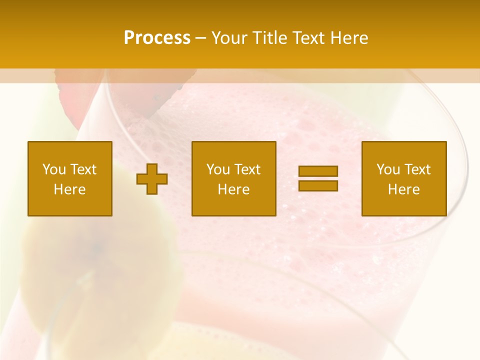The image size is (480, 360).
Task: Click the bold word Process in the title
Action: pyautogui.click(x=157, y=38)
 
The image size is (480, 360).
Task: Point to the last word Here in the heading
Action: pyautogui.click(x=349, y=38)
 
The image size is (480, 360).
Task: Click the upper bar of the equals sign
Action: pyautogui.click(x=318, y=171)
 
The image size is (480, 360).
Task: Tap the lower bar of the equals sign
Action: pyautogui.click(x=318, y=185)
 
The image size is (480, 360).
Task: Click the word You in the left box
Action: pyautogui.click(x=54, y=169)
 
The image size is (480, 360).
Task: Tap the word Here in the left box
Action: pyautogui.click(x=70, y=189)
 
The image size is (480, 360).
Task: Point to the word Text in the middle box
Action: pyautogui.click(x=248, y=169)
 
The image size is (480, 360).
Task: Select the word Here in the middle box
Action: pyautogui.click(x=234, y=189)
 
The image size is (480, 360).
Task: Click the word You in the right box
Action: pyautogui.click(x=388, y=169)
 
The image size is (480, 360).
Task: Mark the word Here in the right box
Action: pyautogui.click(x=404, y=189)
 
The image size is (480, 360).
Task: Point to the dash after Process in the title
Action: pyautogui.click(x=200, y=38)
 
